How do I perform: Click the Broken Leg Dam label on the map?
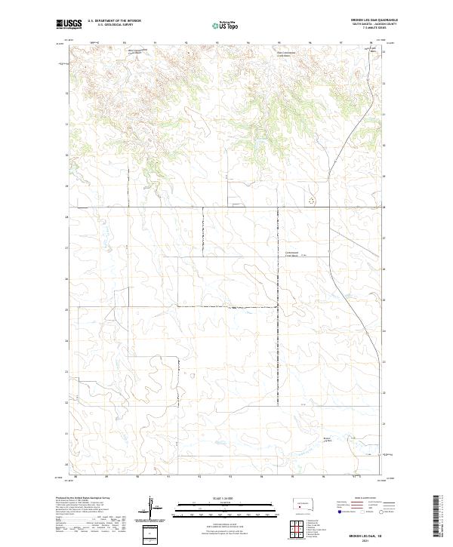click(348, 439)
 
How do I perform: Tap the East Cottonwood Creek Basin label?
click(261, 54)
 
